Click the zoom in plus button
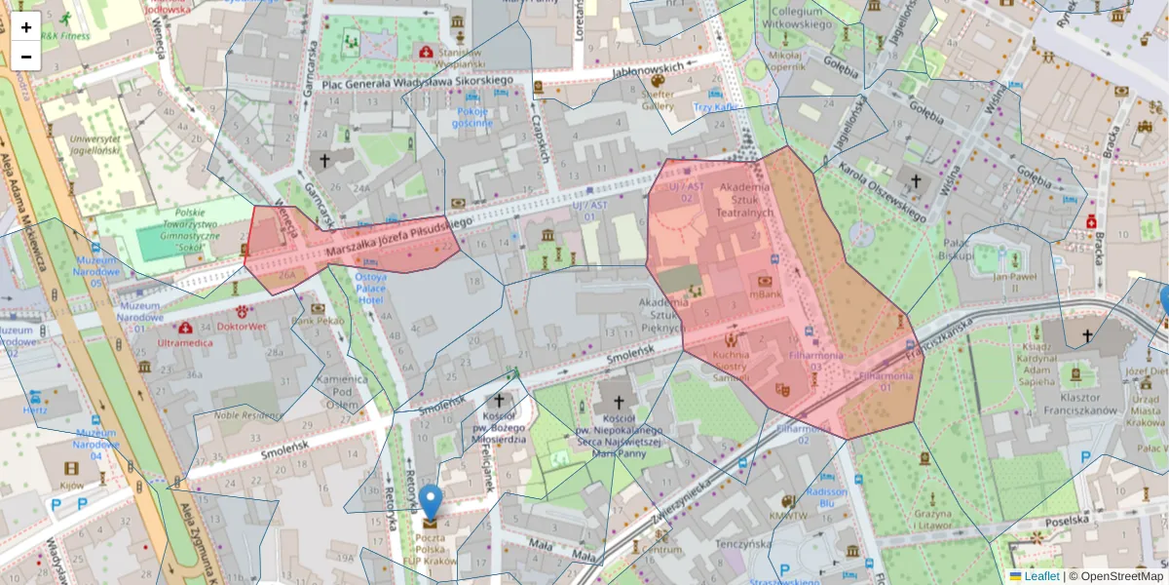click(x=26, y=27)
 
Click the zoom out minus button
click(x=26, y=57)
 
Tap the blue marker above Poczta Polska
click(x=430, y=502)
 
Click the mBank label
click(x=765, y=293)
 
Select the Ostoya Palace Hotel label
click(x=370, y=289)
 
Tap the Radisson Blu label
click(x=827, y=498)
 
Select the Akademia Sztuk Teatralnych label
click(x=745, y=199)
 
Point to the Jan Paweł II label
click(x=1012, y=277)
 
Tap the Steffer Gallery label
click(x=658, y=99)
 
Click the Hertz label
click(x=35, y=410)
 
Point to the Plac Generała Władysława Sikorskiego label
click(x=417, y=82)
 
